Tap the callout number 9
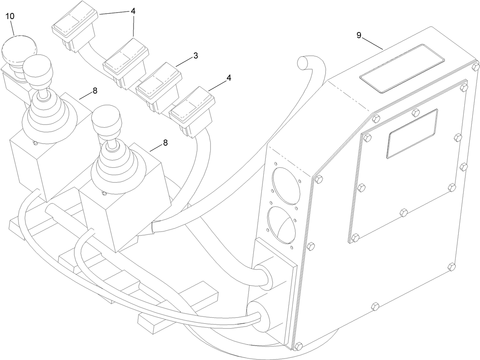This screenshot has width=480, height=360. click(x=359, y=35)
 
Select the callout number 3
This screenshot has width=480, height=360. click(x=195, y=56)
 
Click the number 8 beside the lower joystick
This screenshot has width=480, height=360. click(x=165, y=143)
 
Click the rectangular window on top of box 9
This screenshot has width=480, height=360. click(x=403, y=68)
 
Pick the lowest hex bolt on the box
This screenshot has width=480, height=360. click(x=298, y=346)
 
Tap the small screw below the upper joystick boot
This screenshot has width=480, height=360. click(x=35, y=143)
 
